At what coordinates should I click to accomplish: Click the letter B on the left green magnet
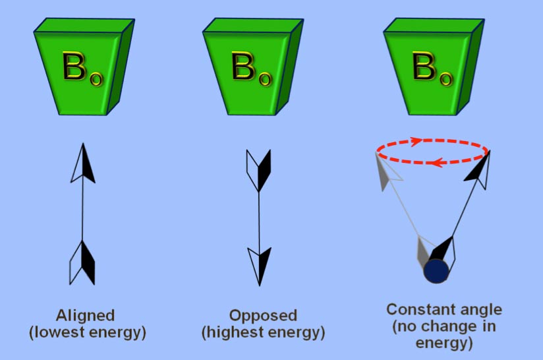coord(74,66)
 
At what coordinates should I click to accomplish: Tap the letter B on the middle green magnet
coord(243,66)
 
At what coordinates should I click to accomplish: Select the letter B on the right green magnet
coord(424,66)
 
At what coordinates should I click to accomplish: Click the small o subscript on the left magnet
coord(96,79)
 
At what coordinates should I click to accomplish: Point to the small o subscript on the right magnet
coord(446,79)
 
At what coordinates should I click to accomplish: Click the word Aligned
coord(85,316)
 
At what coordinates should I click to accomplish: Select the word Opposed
coord(263,316)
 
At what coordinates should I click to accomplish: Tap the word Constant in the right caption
coord(416,309)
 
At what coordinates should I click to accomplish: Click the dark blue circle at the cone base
coord(436,271)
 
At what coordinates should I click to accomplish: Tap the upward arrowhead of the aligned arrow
coord(83,163)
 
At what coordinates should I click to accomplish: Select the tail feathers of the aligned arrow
coord(82,262)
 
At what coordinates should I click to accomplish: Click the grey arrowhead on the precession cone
coord(387,171)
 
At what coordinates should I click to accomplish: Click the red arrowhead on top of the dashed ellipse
coord(416,141)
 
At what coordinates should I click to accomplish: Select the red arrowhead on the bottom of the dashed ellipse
coord(437,162)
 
